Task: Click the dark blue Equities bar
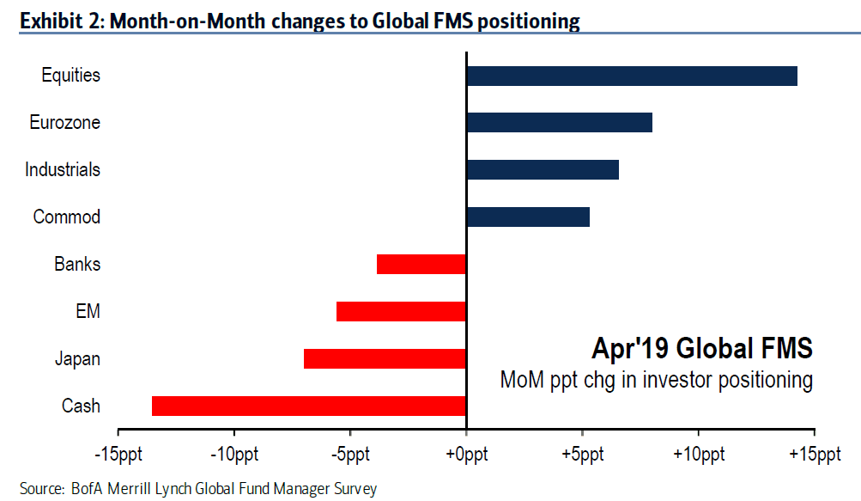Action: click(x=632, y=76)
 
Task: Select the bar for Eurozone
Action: click(x=560, y=123)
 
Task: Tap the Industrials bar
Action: click(x=543, y=169)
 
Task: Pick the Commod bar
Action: click(x=528, y=217)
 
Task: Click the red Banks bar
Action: click(x=421, y=264)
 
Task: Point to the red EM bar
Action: click(x=401, y=311)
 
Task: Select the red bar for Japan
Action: click(x=385, y=358)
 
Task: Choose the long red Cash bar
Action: click(x=308, y=406)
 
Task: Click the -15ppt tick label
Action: click(x=118, y=455)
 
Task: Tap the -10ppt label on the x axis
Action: click(x=233, y=455)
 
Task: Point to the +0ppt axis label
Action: click(x=467, y=455)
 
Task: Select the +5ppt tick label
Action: click(x=583, y=455)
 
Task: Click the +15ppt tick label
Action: click(x=815, y=455)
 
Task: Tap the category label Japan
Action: click(x=77, y=359)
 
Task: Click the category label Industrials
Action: click(x=63, y=169)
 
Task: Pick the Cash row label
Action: click(x=81, y=406)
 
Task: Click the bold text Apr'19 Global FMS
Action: click(x=701, y=348)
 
